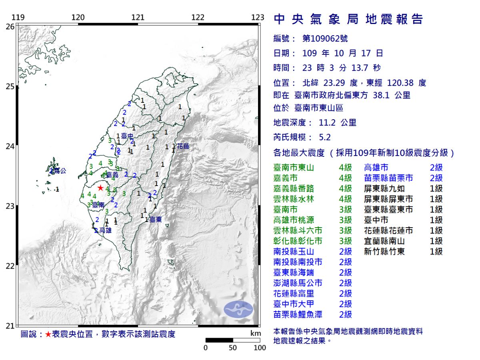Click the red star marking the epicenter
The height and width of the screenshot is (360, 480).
click(x=100, y=188)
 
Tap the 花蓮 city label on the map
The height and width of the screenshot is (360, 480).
click(x=183, y=146)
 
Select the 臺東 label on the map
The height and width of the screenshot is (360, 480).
click(x=156, y=219)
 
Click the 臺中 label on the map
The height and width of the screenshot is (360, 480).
click(x=127, y=136)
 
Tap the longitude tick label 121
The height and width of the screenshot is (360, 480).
click(x=138, y=18)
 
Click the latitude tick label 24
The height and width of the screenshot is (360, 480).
click(x=10, y=146)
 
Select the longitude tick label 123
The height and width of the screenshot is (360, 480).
click(x=258, y=18)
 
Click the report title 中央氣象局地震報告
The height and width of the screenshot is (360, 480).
click(x=348, y=19)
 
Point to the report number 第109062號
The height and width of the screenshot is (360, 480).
click(x=325, y=38)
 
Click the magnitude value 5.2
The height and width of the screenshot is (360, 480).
click(x=325, y=137)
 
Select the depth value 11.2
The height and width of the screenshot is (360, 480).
click(x=327, y=123)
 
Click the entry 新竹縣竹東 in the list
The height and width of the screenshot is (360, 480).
click(x=384, y=251)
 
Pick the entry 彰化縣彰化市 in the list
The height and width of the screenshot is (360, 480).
click(x=298, y=241)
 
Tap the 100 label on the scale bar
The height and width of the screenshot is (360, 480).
click(x=260, y=348)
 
